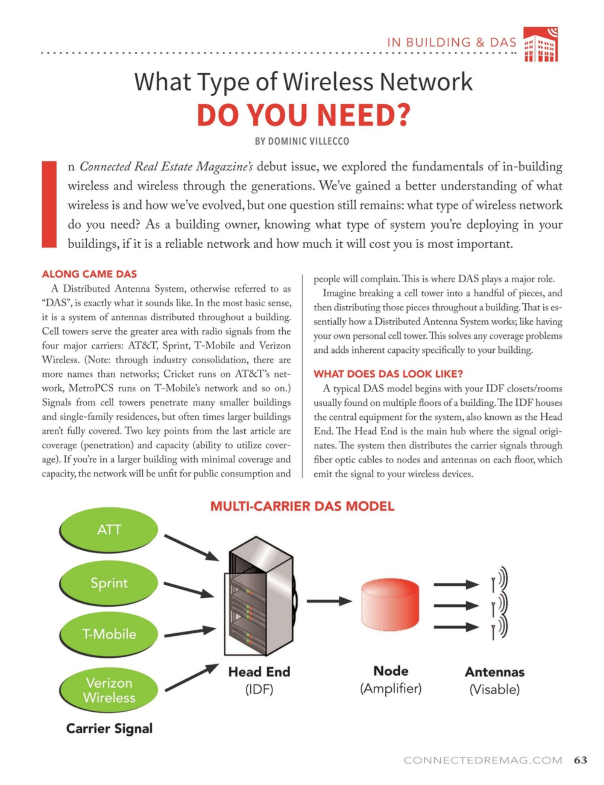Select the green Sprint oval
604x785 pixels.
point(109,583)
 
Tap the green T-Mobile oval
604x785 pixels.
point(109,634)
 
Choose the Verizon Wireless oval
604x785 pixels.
point(109,690)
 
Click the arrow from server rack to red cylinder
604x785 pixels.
point(329,601)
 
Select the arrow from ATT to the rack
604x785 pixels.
point(191,547)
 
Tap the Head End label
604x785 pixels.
point(259,671)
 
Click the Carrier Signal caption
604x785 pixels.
point(109,728)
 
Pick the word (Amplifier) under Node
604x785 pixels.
point(390,689)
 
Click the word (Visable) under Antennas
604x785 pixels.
point(494,689)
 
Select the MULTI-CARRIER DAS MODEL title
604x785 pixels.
point(302,506)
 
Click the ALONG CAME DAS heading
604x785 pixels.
point(89,274)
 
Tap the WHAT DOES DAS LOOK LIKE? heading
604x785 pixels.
point(388,374)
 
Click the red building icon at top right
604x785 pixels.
point(540,45)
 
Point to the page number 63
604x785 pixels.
point(580,760)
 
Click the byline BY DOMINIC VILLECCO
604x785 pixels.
point(302,141)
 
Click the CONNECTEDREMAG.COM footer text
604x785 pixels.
point(483,760)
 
